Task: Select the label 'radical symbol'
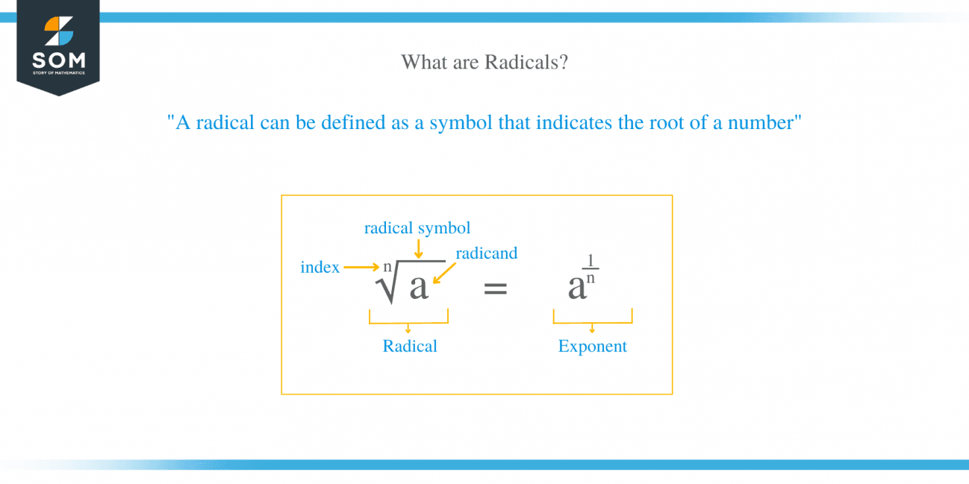tap(417, 228)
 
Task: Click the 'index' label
tap(320, 267)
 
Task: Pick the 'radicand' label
tap(486, 254)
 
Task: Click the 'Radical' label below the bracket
tap(410, 346)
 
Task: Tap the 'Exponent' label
tap(593, 346)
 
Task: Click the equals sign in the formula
tap(496, 288)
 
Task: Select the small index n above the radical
tap(387, 266)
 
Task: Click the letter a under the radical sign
tap(419, 287)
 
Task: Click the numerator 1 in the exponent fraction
tap(591, 261)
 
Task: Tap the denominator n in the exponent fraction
tap(591, 278)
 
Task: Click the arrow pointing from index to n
tap(362, 266)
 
